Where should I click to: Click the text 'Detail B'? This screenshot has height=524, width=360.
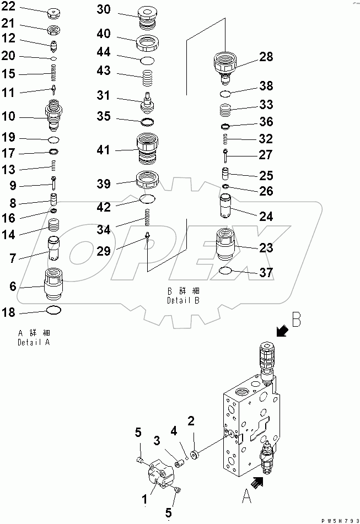coord(182,301)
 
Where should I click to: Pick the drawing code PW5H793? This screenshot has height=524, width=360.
coord(338,518)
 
